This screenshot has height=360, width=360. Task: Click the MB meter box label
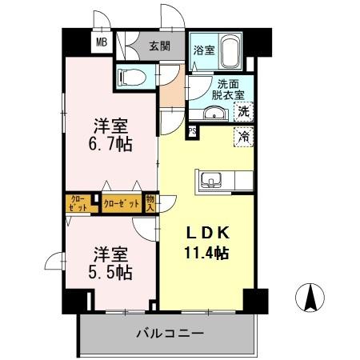[x=102, y=44]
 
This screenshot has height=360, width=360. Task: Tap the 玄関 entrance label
[x=160, y=46]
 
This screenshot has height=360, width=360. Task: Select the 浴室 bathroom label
[x=203, y=50]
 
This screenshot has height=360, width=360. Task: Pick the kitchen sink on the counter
[x=212, y=178]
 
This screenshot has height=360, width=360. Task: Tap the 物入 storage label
[x=150, y=202]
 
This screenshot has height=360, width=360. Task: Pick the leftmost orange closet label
[x=78, y=202]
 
